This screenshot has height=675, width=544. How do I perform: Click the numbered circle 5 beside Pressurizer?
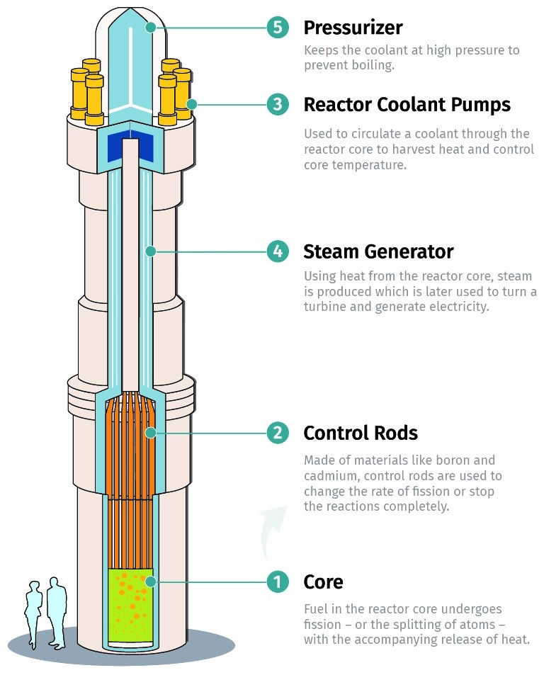[x=278, y=28]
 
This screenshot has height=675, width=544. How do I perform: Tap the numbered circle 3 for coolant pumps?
[x=278, y=105]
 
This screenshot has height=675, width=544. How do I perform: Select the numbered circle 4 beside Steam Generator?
[x=278, y=251]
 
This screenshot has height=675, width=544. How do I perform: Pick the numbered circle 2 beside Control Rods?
[x=278, y=433]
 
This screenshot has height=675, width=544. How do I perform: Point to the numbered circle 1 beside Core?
[x=278, y=582]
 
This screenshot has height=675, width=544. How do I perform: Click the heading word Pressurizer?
[x=353, y=28]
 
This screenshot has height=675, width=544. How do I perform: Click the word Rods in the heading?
[x=397, y=433]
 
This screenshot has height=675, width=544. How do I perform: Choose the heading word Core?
[x=323, y=582]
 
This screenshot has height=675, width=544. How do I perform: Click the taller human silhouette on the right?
[x=56, y=609]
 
